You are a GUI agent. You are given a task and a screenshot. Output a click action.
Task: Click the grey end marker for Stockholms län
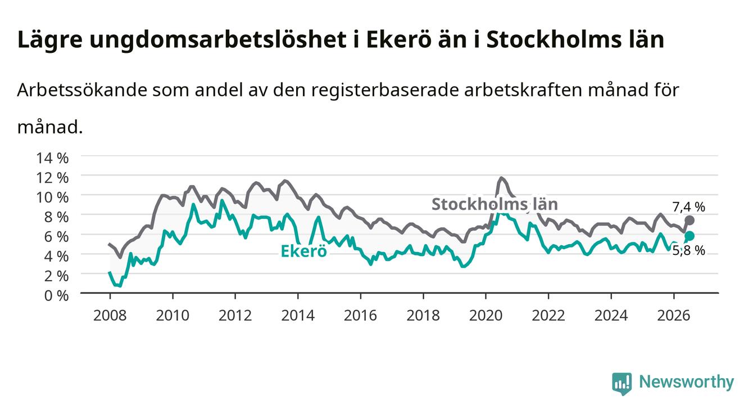click(x=690, y=221)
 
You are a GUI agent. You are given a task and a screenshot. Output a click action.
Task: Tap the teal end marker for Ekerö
click(x=690, y=236)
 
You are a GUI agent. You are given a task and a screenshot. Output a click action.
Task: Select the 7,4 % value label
click(x=688, y=207)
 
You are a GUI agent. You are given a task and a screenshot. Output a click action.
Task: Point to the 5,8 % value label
click(x=688, y=251)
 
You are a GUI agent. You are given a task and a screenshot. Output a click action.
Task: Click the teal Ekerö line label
click(x=303, y=251)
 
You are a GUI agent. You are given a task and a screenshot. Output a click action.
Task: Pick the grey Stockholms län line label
click(x=495, y=204)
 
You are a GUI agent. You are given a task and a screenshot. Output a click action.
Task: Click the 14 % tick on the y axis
click(x=52, y=158)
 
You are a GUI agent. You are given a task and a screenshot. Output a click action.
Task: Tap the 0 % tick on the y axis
click(x=56, y=295)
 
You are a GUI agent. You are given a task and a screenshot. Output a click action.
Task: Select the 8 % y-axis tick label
click(x=56, y=217)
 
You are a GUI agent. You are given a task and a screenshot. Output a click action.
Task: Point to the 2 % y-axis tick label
click(x=56, y=276)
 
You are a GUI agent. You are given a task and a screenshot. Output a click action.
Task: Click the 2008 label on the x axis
click(x=110, y=316)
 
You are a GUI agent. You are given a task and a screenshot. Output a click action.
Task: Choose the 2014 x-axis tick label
click(x=298, y=316)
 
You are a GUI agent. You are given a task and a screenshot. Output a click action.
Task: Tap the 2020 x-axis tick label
click(x=486, y=316)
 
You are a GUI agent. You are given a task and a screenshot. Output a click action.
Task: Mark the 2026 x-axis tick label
click(x=674, y=316)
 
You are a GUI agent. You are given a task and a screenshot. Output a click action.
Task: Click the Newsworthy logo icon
click(x=622, y=383)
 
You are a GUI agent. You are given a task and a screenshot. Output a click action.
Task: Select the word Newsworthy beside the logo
click(x=687, y=382)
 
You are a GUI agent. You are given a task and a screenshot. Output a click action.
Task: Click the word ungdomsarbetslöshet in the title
click(x=218, y=40)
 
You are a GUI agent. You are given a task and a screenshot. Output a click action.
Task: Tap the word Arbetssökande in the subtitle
click(x=82, y=90)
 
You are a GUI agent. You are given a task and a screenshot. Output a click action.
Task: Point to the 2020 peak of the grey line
click(x=501, y=178)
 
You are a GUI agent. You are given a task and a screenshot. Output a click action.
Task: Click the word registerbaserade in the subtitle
click(x=385, y=90)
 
